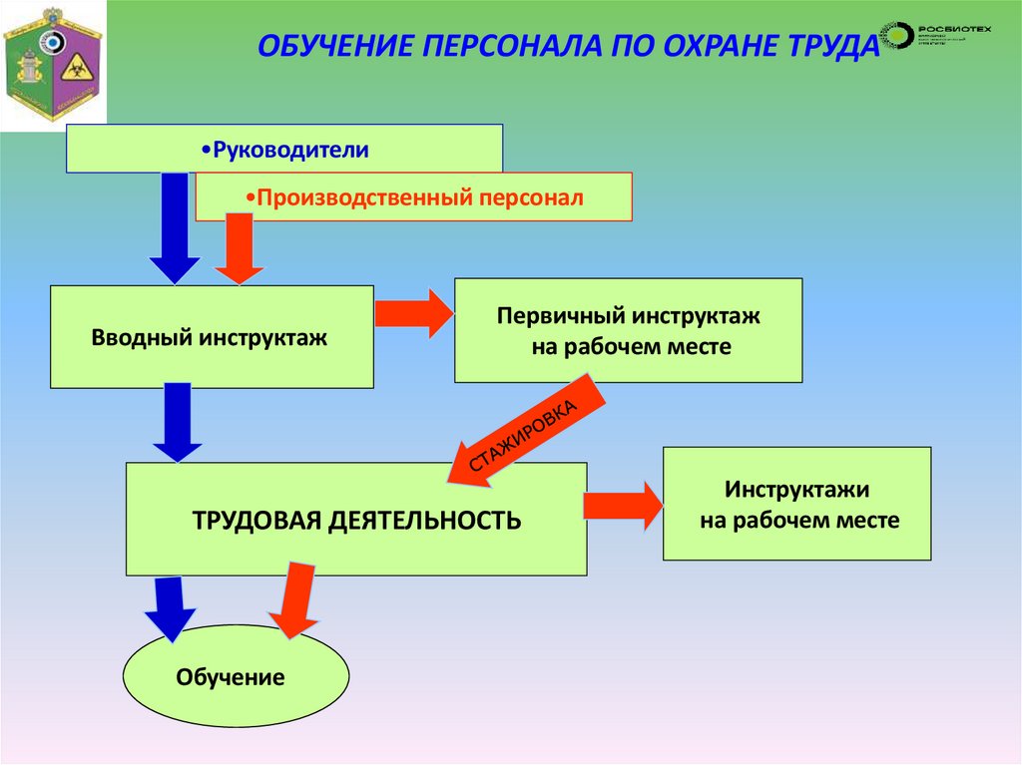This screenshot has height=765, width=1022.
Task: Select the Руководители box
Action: tap(284, 149)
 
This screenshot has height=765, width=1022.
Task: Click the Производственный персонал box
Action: tap(413, 196)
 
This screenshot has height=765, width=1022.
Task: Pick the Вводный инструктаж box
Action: tap(212, 337)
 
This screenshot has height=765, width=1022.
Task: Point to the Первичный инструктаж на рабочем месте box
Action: tap(628, 330)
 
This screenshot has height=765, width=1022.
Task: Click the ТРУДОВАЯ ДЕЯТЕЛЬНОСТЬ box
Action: tap(355, 519)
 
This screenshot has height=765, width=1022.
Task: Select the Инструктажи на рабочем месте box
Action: tap(796, 504)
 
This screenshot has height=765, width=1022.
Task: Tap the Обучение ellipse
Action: tap(236, 676)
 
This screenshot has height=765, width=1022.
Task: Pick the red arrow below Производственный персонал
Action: tap(239, 249)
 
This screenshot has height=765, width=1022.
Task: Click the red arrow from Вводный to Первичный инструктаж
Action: tap(413, 314)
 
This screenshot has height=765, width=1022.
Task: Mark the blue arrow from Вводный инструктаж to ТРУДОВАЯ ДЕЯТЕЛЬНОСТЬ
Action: tap(178, 421)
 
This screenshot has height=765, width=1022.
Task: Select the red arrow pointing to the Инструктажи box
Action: tap(623, 506)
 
